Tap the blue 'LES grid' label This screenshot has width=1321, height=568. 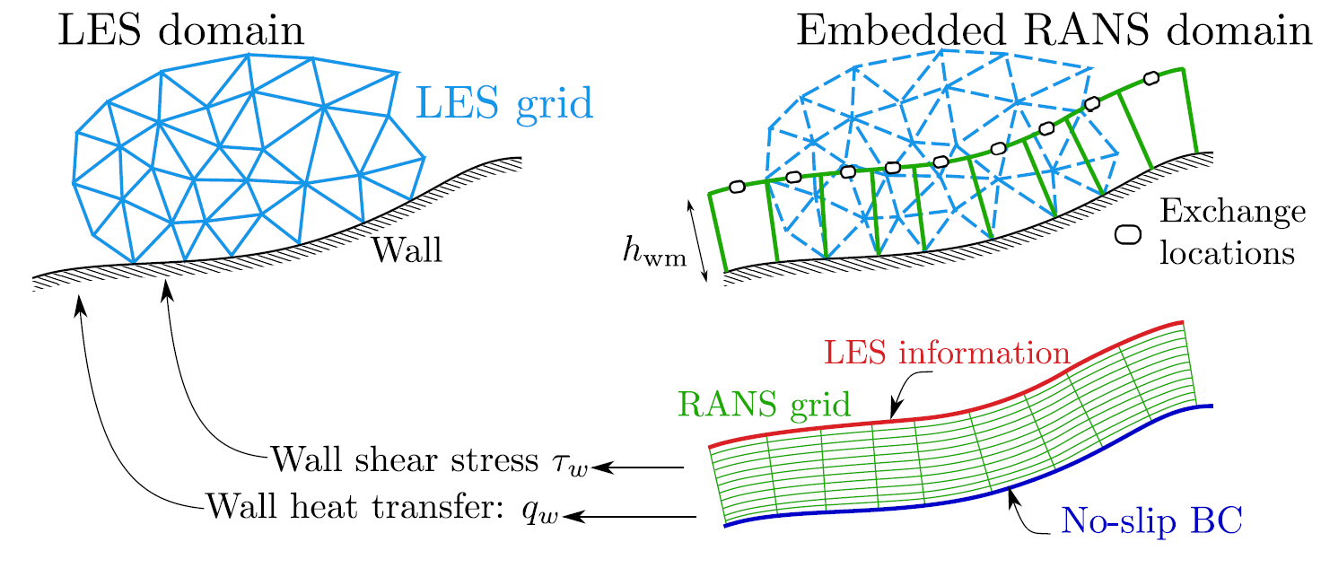503,106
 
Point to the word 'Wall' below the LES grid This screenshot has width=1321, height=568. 407,249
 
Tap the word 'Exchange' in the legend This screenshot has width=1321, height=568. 1230,213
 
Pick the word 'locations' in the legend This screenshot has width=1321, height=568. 1227,252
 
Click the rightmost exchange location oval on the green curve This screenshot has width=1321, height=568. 1151,78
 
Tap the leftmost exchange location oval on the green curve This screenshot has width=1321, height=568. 737,187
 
